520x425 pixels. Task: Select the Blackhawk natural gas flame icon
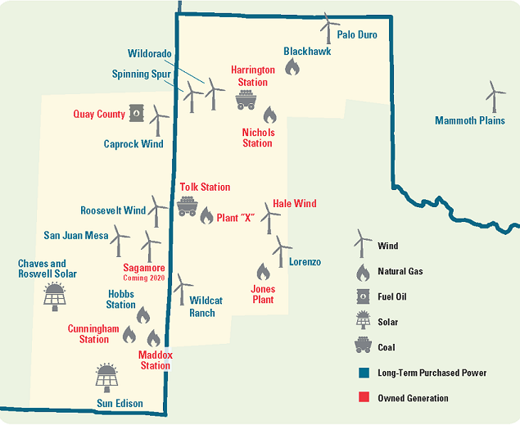292,68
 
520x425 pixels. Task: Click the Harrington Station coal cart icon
245,101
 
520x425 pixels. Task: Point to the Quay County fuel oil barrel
136,115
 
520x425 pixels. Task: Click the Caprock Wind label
133,144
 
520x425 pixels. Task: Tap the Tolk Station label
205,188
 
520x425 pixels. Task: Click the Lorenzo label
305,262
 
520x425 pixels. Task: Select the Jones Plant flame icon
263,271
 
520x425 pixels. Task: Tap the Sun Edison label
120,404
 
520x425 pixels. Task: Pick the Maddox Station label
155,360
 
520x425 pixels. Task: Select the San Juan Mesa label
75,236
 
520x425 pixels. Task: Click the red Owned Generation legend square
362,398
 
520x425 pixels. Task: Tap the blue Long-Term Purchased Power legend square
362,373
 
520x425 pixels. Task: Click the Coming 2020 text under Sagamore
144,278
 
